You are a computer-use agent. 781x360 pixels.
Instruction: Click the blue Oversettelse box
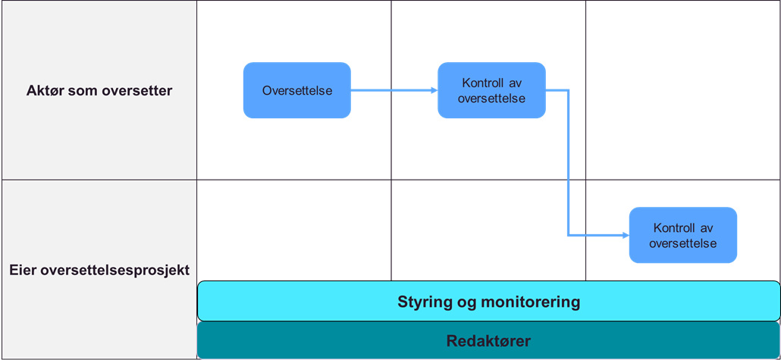tap(296, 90)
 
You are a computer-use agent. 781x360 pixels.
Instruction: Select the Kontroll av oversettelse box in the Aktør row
tap(491, 90)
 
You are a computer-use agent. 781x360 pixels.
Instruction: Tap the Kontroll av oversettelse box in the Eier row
tap(683, 235)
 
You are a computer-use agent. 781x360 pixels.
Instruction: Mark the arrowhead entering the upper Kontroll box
tap(433, 90)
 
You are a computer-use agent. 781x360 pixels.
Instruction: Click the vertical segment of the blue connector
tap(569, 163)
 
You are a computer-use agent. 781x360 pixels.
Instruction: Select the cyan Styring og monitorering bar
tap(488, 302)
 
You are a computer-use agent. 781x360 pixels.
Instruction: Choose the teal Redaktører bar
tap(488, 340)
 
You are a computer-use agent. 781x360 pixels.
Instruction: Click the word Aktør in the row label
tap(43, 91)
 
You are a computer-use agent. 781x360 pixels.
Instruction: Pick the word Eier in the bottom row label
tap(24, 270)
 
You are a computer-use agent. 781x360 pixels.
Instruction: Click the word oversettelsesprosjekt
tap(114, 270)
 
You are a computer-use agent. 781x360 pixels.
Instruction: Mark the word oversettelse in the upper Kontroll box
tap(491, 99)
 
